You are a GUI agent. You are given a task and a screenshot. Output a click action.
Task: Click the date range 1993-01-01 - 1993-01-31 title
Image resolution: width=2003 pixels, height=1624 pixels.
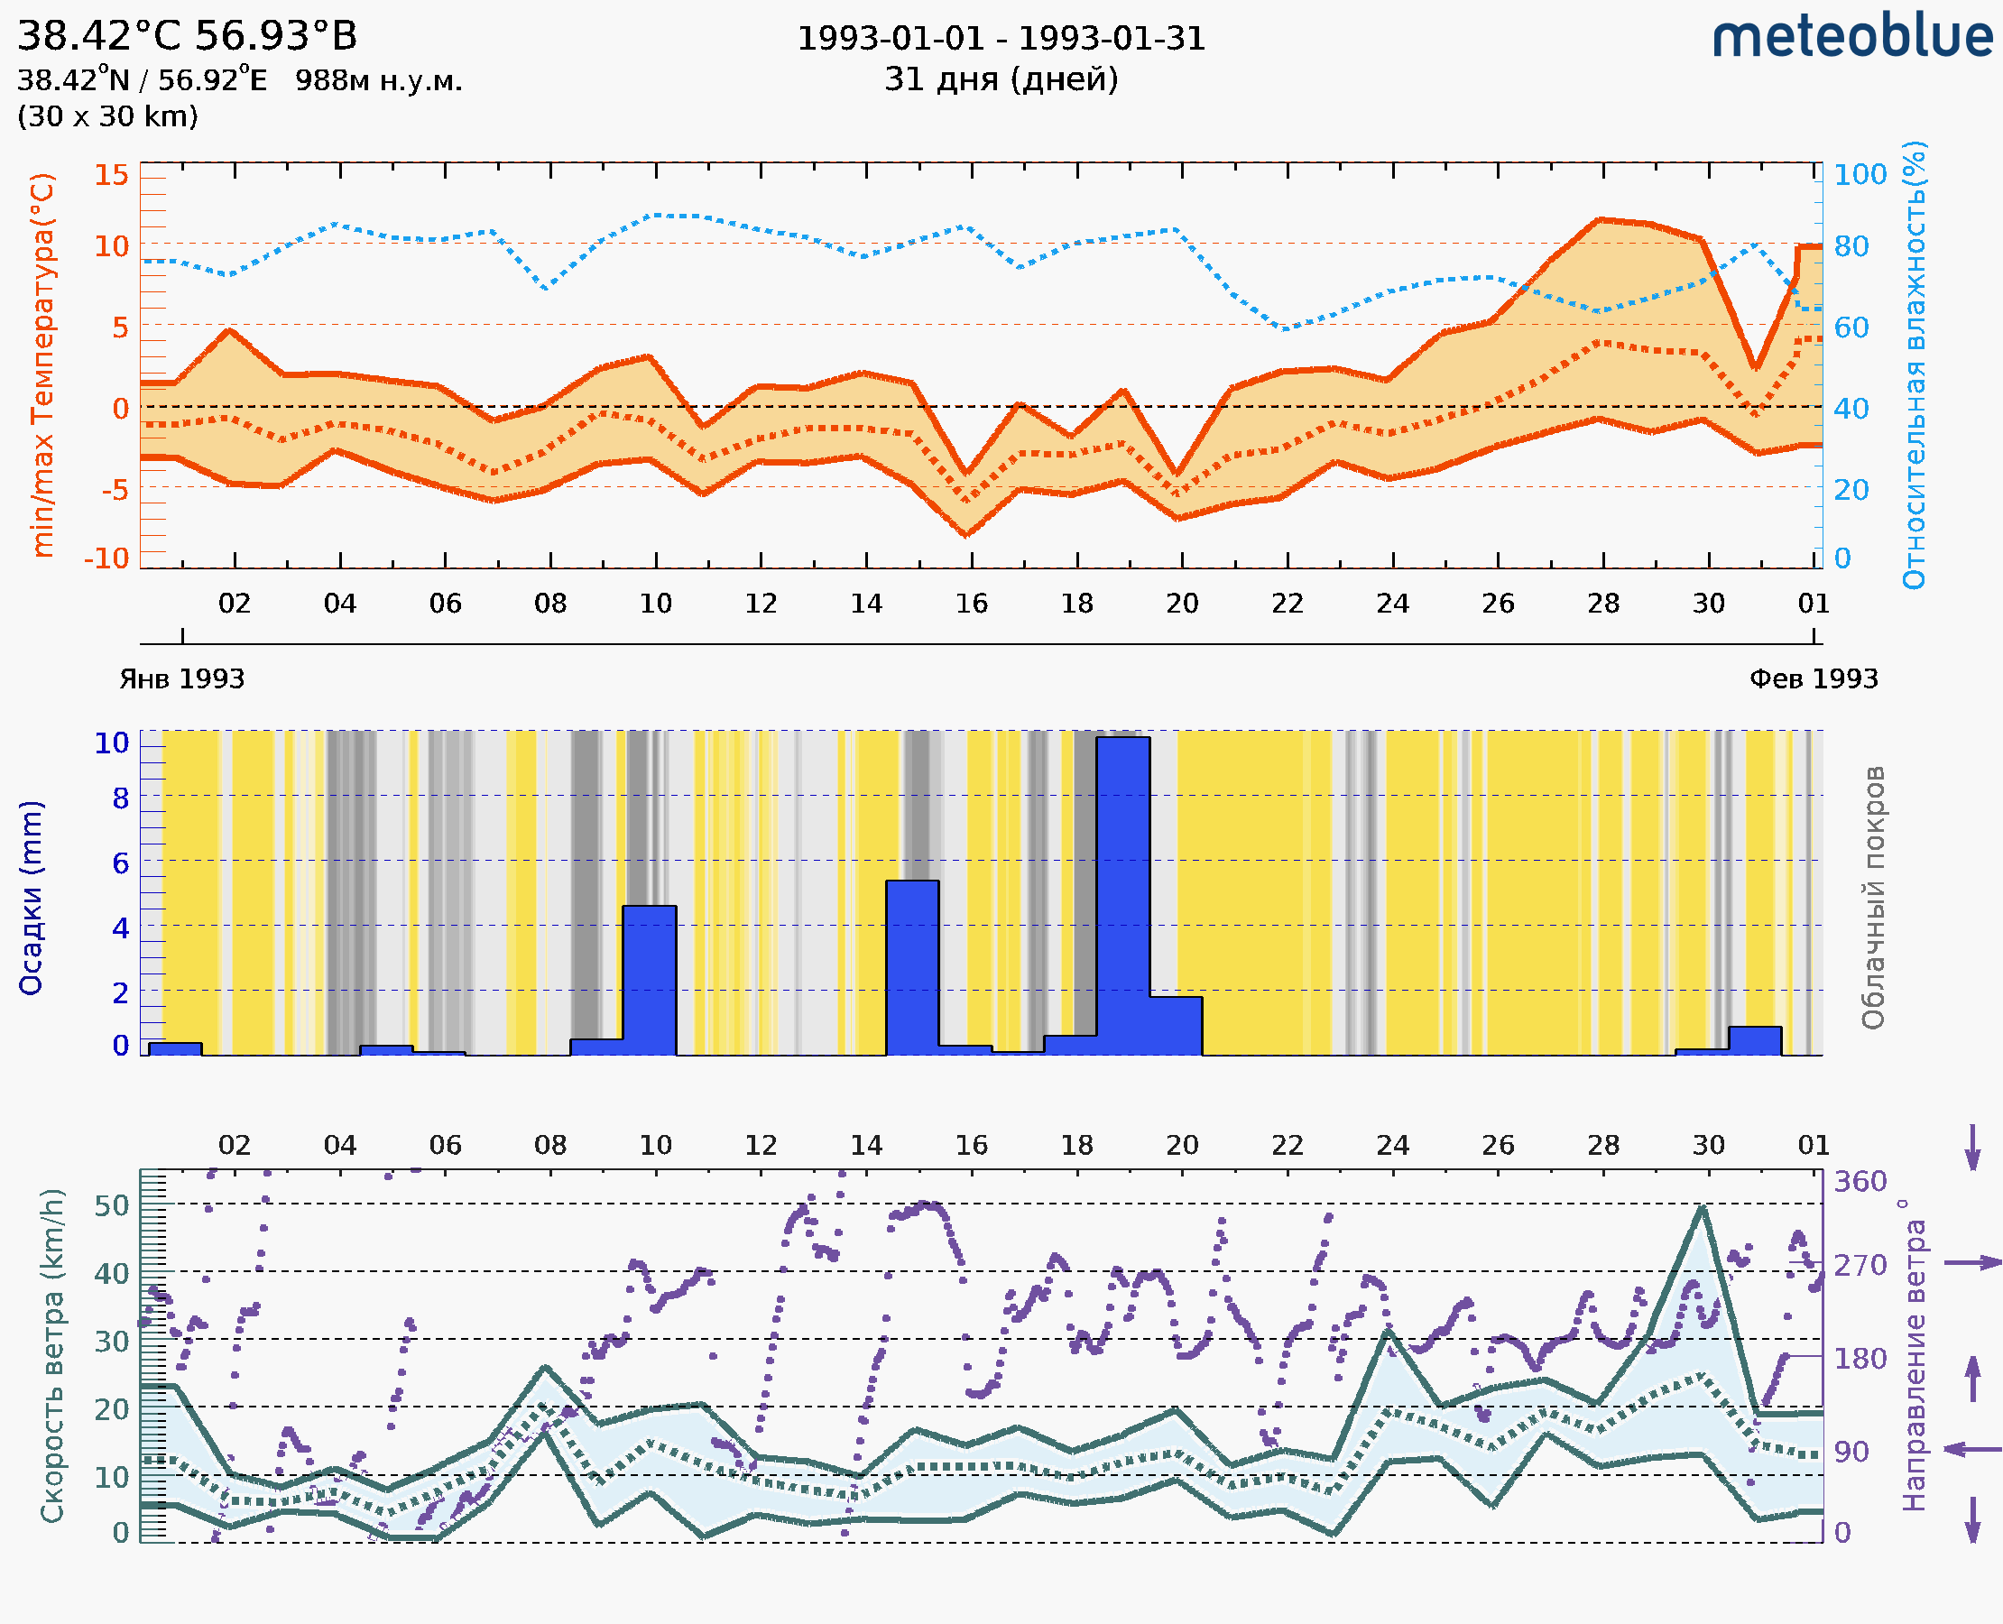[x=1001, y=39]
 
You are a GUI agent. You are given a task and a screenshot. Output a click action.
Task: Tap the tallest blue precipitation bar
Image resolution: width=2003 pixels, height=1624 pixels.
[x=1122, y=895]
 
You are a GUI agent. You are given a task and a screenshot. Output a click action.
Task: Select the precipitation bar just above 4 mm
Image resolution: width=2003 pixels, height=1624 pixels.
[x=650, y=980]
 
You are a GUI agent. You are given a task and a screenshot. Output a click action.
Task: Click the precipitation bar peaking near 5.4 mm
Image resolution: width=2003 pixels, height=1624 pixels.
[x=912, y=967]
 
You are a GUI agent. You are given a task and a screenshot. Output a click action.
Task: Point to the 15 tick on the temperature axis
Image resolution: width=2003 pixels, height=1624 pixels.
[x=111, y=175]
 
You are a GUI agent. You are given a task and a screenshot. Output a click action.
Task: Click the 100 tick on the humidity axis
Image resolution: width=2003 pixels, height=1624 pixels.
[x=1860, y=175]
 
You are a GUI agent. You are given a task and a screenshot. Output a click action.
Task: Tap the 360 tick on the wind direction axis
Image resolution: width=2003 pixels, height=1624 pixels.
[x=1860, y=1182]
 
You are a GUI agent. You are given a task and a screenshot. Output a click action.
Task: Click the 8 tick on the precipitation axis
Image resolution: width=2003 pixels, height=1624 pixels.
[x=121, y=798]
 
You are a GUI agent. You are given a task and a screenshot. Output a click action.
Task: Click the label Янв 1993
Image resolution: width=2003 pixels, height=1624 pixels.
[x=181, y=678]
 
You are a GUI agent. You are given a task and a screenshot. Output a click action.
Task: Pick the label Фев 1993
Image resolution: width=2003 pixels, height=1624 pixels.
[x=1814, y=678]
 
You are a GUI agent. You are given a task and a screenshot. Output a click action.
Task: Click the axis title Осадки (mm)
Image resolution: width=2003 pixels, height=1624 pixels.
[x=31, y=898]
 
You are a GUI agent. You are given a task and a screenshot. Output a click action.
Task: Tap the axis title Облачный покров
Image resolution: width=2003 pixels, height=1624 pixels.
[x=1872, y=898]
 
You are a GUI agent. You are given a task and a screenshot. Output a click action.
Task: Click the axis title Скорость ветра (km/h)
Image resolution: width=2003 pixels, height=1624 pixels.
[x=52, y=1356]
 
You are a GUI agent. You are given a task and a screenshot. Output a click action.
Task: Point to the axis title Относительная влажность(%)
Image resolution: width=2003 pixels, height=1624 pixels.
[x=1914, y=364]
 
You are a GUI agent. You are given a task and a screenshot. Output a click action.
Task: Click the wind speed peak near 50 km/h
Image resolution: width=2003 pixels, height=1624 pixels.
[x=1702, y=1208]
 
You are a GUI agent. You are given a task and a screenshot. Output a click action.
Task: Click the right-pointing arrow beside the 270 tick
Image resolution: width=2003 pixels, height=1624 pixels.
[x=1972, y=1263]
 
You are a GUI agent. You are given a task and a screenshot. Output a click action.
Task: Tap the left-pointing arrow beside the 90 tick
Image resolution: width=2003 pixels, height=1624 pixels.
[x=1972, y=1450]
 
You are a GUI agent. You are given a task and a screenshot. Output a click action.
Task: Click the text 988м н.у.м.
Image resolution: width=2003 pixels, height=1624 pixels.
[x=379, y=80]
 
